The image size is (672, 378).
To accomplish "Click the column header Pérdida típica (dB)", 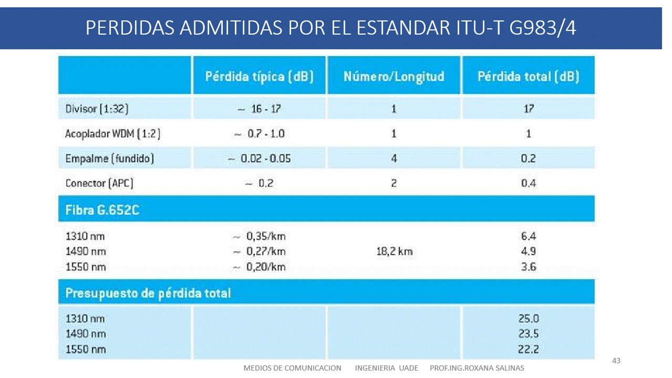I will [x=259, y=77].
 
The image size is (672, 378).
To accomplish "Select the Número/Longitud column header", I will [x=394, y=77].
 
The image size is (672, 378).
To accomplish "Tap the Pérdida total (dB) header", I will [x=528, y=77].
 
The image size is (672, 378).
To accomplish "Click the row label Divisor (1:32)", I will [x=97, y=109].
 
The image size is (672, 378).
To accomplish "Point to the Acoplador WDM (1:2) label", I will [x=112, y=134].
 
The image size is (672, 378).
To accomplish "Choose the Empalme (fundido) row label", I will [x=109, y=159].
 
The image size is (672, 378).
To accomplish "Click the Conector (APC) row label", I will [x=99, y=183].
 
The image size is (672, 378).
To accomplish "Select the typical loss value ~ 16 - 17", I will [x=259, y=109].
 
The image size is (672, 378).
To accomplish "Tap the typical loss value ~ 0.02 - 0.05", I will [x=259, y=159].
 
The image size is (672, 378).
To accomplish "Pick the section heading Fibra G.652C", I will [x=102, y=211].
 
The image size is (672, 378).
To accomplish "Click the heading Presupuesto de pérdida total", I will [x=148, y=293].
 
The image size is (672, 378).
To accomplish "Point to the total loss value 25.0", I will [x=529, y=319].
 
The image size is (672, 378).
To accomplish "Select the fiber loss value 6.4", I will [x=529, y=236].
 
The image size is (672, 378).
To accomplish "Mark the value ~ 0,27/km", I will [x=259, y=251].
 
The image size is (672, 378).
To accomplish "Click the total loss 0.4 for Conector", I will [x=529, y=183].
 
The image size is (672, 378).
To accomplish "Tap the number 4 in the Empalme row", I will [x=394, y=159].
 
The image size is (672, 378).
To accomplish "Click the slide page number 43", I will [x=617, y=361].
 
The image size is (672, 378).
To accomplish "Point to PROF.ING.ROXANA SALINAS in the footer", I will [x=477, y=368].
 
